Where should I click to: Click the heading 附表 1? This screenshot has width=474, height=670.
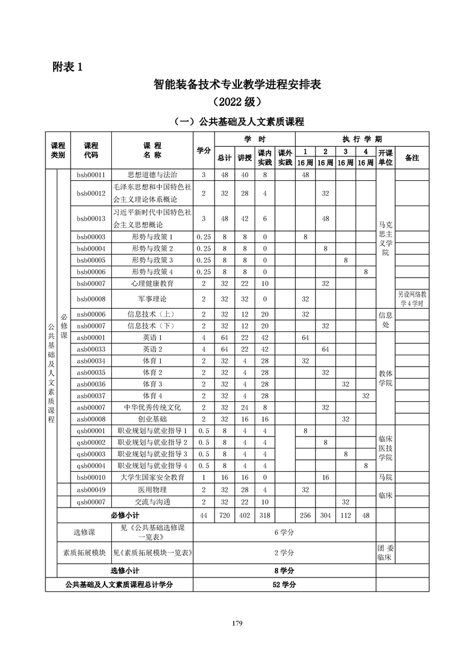(66, 66)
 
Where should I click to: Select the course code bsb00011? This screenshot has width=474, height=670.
(91, 175)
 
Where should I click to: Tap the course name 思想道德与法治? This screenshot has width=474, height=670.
(152, 175)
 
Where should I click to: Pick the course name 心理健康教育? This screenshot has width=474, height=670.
(152, 283)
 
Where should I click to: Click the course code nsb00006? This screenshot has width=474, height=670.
(91, 314)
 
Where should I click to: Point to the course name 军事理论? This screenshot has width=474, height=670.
(152, 299)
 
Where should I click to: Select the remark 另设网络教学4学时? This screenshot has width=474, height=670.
(412, 299)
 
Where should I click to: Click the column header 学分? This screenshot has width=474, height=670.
(204, 151)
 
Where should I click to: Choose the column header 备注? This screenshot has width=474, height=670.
(412, 158)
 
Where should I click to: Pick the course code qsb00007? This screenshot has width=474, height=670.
(91, 502)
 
